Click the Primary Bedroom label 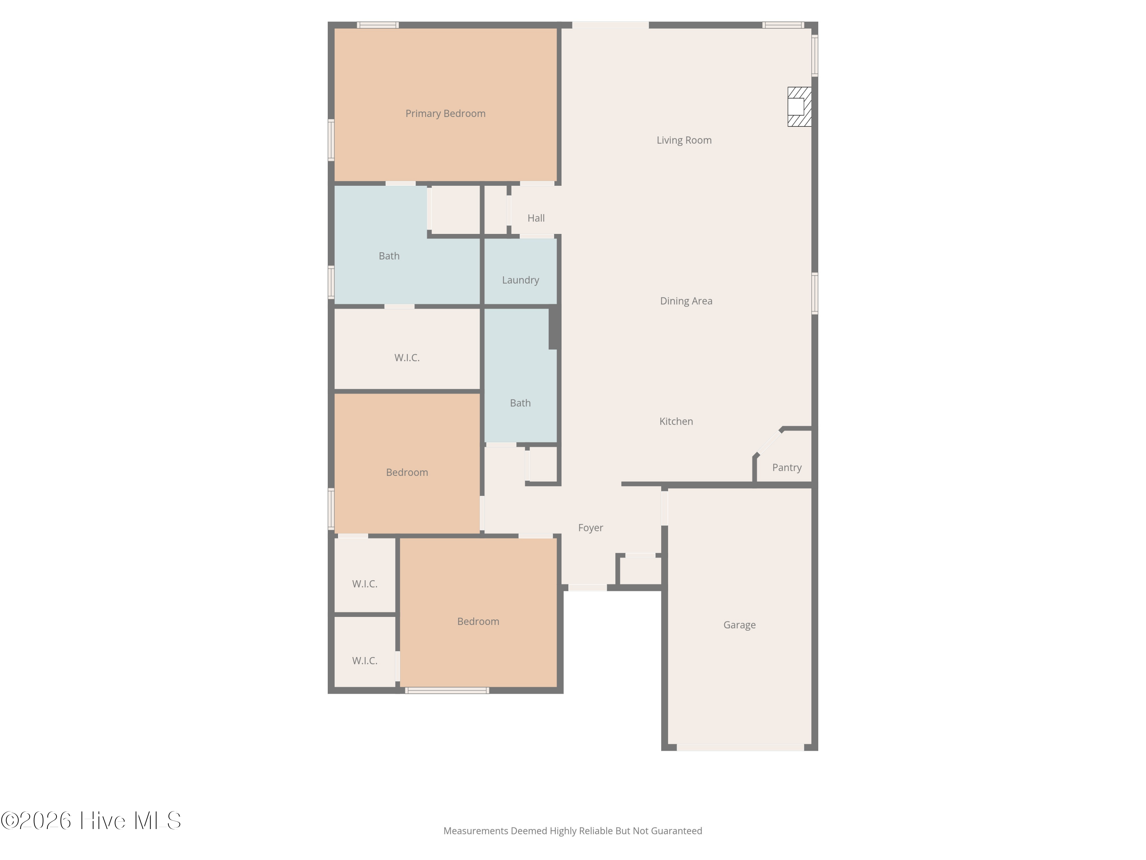[x=445, y=114]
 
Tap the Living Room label [x=684, y=140]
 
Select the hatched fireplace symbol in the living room [x=800, y=107]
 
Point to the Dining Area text [x=686, y=301]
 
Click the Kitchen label [x=676, y=422]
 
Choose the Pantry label [x=787, y=467]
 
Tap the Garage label [x=739, y=625]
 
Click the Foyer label [x=591, y=528]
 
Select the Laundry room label [x=520, y=280]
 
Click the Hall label [x=536, y=218]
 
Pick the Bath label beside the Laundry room [x=389, y=256]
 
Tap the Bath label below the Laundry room [x=520, y=403]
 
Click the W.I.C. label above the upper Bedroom [x=407, y=358]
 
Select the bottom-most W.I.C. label [x=365, y=661]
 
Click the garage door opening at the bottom [x=740, y=748]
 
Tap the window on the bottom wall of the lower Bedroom [x=447, y=691]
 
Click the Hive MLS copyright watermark [x=91, y=821]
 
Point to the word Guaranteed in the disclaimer [x=676, y=831]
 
